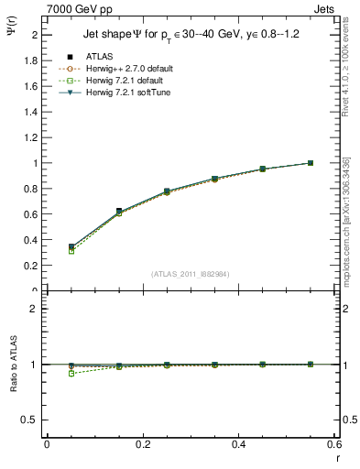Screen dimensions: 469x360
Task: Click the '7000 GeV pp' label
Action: pyautogui.click(x=80, y=9)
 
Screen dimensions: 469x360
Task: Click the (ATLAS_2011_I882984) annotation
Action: pyautogui.click(x=191, y=274)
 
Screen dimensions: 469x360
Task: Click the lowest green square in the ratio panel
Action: pyautogui.click(x=71, y=374)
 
